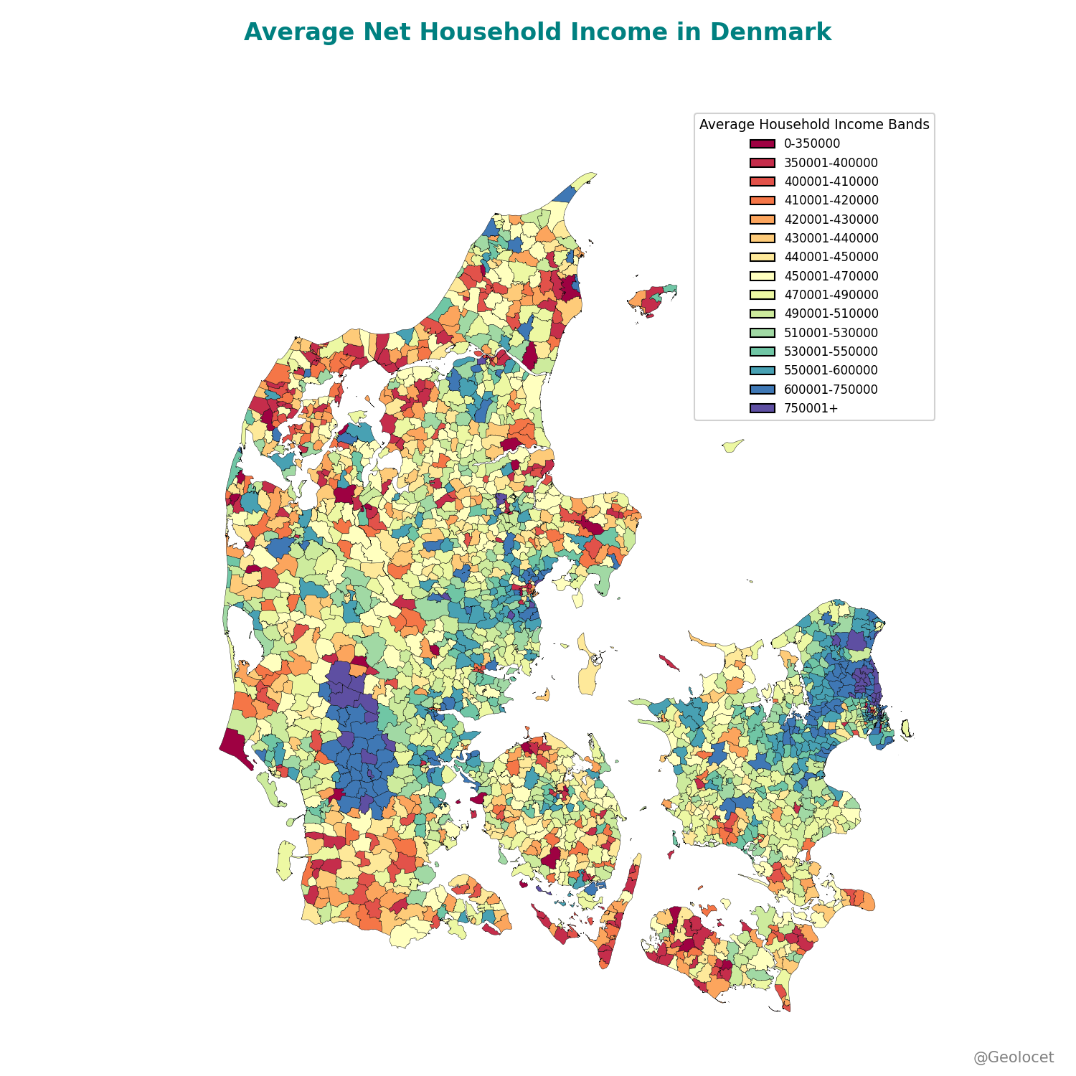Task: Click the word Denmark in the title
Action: (770, 32)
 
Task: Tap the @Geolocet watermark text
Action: (1013, 1057)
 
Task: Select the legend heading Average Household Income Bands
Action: (814, 125)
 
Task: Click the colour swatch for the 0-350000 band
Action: (762, 144)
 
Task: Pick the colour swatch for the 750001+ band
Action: (762, 408)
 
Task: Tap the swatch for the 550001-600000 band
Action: (762, 371)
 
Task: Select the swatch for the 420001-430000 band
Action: (762, 220)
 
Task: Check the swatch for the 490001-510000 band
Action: (762, 314)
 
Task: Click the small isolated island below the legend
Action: (732, 445)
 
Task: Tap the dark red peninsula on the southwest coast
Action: (235, 746)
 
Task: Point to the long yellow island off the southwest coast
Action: (285, 859)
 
